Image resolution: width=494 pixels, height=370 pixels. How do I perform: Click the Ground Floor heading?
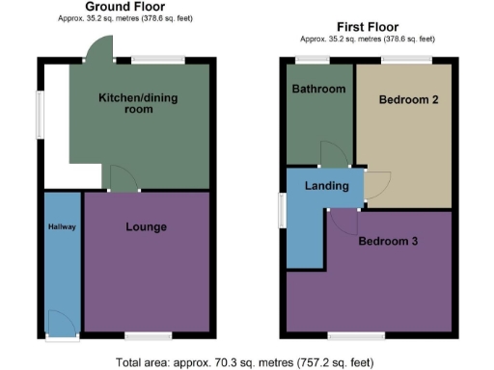[124, 7]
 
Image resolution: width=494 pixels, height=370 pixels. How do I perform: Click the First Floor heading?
[367, 27]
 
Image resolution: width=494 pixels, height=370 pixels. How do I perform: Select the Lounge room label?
[147, 227]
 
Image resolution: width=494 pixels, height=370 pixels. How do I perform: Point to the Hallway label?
[62, 227]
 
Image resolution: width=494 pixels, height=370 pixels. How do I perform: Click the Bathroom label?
[318, 90]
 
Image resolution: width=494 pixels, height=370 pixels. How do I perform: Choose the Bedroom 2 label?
[403, 99]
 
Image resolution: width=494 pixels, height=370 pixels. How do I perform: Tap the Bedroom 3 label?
[388, 241]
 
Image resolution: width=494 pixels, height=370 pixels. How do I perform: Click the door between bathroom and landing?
[334, 154]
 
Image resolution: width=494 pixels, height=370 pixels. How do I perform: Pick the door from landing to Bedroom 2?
[377, 184]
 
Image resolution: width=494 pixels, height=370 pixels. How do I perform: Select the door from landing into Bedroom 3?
[343, 219]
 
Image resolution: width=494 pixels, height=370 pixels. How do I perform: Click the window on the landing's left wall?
[283, 210]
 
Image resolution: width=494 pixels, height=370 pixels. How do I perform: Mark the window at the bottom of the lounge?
[145, 336]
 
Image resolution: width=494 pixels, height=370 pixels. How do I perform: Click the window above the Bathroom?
[311, 62]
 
